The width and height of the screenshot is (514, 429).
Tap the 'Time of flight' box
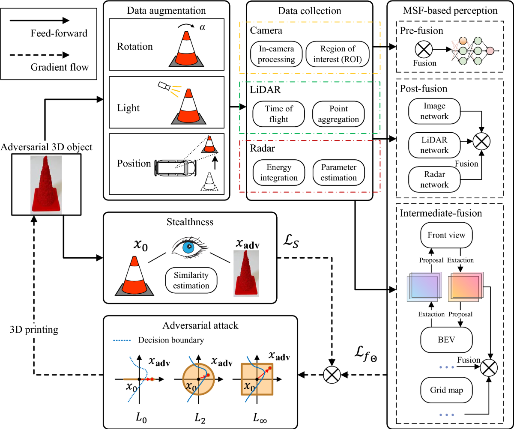tap(279, 114)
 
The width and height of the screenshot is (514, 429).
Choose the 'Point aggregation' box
tap(338, 114)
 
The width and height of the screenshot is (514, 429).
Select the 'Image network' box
tap(434, 111)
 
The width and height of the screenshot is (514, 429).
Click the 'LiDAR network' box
tap(434, 145)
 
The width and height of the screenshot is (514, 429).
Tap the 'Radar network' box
tap(434, 179)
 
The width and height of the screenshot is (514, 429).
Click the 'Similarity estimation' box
tap(191, 280)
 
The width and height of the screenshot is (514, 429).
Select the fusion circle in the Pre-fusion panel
tap(424, 50)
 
